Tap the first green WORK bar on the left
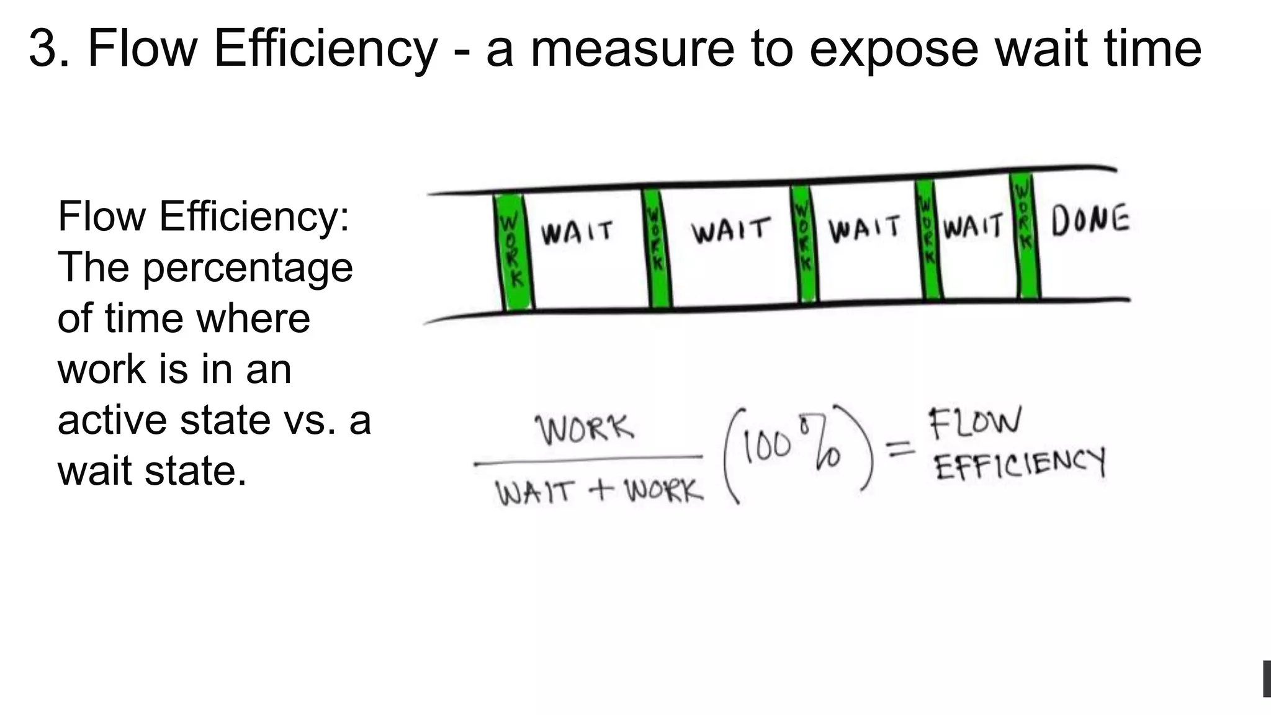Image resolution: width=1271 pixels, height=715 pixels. (514, 251)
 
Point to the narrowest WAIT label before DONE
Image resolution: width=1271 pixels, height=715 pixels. (972, 226)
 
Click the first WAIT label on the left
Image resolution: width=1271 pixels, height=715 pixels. (577, 233)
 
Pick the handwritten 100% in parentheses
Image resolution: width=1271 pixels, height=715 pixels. (791, 448)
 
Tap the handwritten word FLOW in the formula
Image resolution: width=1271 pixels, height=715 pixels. (974, 423)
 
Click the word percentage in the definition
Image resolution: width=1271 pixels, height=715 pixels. (248, 268)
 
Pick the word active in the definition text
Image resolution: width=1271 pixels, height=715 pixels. (112, 420)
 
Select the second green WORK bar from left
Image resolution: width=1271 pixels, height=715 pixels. (656, 248)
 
